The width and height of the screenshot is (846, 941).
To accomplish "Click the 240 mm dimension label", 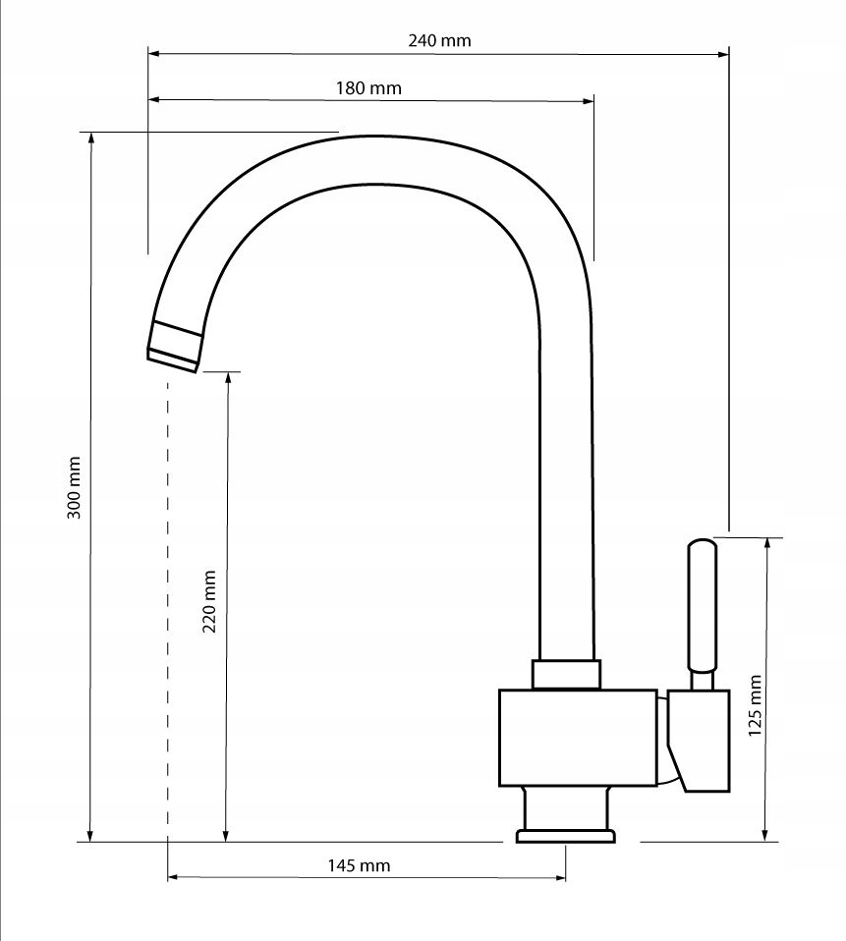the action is [439, 41].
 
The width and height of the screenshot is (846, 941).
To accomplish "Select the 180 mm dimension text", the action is [368, 88].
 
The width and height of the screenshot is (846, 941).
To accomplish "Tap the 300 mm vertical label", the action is [74, 488].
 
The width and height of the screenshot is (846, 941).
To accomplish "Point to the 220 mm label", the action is [209, 601].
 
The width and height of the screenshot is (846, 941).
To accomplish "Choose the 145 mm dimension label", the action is [359, 865].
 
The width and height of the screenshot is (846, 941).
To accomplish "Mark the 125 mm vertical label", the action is [755, 705].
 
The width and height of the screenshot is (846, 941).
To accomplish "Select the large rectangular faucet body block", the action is [578, 738].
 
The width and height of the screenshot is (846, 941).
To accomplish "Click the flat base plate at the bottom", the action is [566, 836].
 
